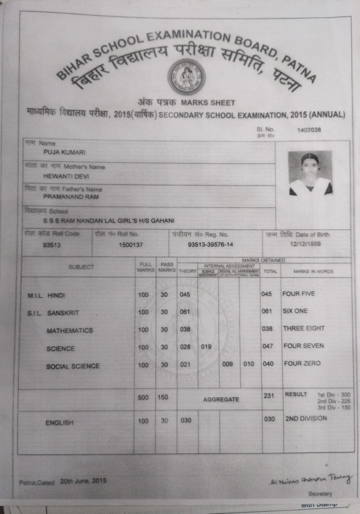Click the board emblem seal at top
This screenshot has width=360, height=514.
click(x=187, y=76)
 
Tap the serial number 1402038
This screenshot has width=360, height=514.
click(x=309, y=130)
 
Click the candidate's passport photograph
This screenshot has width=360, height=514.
click(x=310, y=173)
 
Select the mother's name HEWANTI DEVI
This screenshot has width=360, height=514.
click(x=61, y=176)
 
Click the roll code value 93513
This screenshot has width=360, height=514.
click(x=51, y=245)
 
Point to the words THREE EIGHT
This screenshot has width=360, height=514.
click(x=303, y=328)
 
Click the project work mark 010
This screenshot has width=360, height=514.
click(x=249, y=364)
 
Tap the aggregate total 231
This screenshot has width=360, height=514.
click(x=269, y=396)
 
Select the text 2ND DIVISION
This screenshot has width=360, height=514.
click(x=306, y=418)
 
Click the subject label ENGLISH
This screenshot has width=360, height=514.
click(x=60, y=422)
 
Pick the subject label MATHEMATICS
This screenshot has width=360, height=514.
click(x=69, y=331)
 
